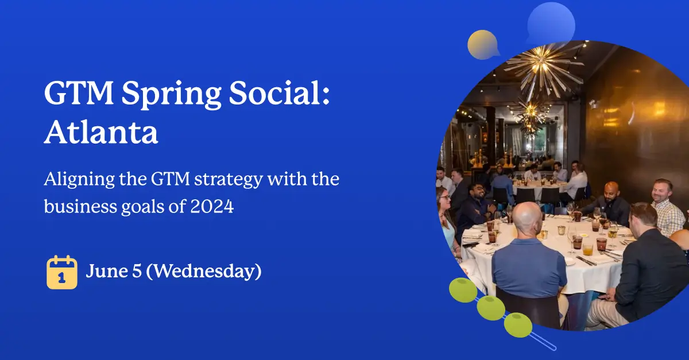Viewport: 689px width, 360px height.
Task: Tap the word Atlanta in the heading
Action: click(x=101, y=133)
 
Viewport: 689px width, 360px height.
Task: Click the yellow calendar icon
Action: click(x=61, y=272)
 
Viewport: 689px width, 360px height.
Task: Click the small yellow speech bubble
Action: click(x=483, y=44)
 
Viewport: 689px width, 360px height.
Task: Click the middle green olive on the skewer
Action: click(x=491, y=308)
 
